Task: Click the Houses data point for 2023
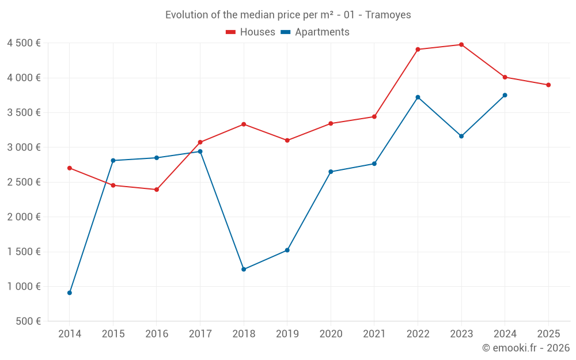461,44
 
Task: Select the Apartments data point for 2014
70,293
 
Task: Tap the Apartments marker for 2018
244,269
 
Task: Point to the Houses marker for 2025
548,85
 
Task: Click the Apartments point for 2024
505,95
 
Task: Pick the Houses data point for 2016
157,190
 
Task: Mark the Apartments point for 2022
418,97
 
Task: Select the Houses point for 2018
244,124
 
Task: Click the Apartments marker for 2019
287,250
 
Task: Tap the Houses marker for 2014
70,168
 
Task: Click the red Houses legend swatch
230,32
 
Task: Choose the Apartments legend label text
322,32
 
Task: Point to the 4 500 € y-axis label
24,43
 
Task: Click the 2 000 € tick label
24,217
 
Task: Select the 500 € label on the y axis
28,321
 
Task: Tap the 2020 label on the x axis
331,334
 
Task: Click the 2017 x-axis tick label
200,334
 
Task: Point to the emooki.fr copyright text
526,348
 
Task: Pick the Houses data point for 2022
418,50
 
